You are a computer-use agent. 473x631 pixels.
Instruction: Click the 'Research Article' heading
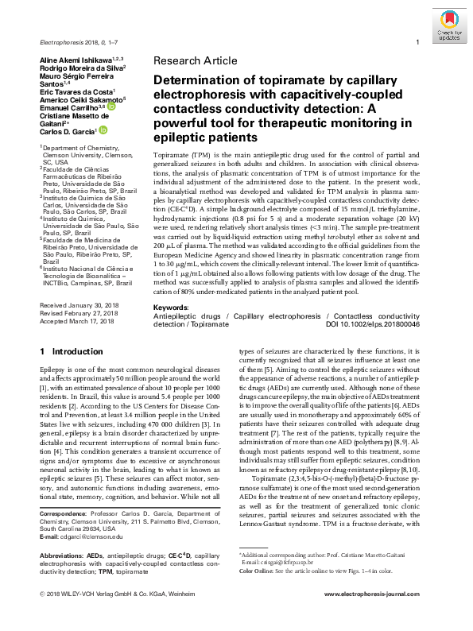195,60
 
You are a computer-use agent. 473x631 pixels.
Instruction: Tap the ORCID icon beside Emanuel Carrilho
105,105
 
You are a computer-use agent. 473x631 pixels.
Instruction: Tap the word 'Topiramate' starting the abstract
173,150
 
